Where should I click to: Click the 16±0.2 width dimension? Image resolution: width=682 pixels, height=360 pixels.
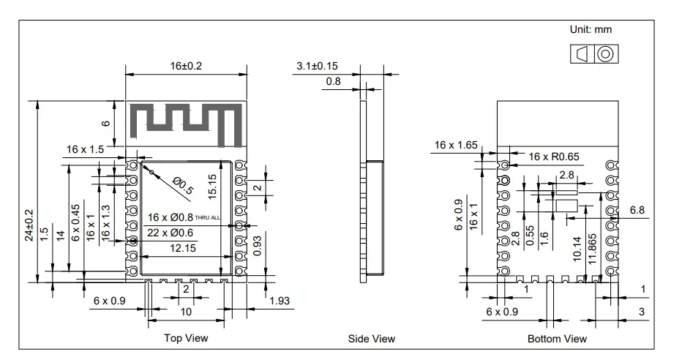click(186, 66)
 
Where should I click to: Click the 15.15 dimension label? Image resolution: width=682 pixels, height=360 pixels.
click(212, 186)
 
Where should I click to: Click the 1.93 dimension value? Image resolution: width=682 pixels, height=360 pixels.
click(280, 301)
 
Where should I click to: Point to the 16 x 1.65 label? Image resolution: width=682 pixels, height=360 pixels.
click(455, 146)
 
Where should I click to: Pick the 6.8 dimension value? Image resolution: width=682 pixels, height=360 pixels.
click(637, 211)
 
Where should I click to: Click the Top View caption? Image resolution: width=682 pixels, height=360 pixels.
click(187, 338)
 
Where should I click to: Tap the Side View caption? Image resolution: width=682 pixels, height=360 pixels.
click(372, 339)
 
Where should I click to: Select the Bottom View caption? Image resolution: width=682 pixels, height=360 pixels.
click(557, 339)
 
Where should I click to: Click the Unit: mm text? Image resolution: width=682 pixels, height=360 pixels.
click(591, 30)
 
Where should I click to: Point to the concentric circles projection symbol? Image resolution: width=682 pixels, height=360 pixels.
click(604, 54)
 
